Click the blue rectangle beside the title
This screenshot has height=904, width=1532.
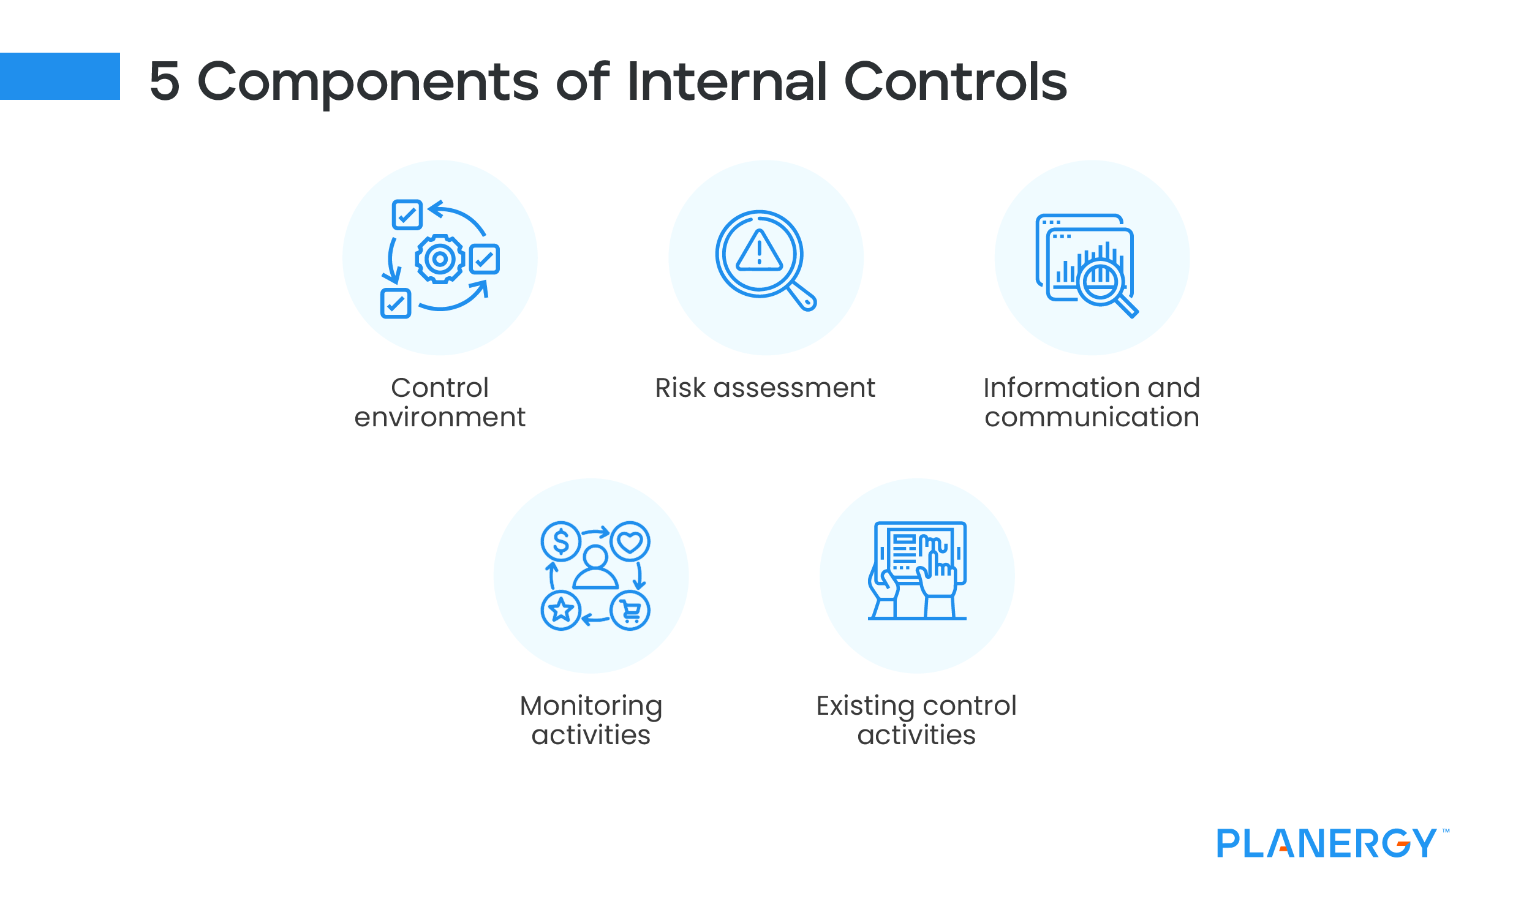click(x=59, y=76)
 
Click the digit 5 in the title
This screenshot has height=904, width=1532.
click(x=164, y=81)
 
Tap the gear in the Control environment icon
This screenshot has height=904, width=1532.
click(x=439, y=258)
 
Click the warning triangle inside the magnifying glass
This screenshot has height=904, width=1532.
click(x=759, y=252)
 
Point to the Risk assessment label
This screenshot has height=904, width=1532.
click(x=765, y=388)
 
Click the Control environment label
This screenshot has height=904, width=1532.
click(x=440, y=402)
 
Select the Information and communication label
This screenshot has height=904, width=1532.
click(x=1092, y=402)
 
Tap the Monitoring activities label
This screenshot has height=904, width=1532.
click(x=591, y=720)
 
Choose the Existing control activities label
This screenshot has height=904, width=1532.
click(x=916, y=720)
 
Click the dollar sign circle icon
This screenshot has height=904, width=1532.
click(x=560, y=541)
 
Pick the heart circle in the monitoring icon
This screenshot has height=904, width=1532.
click(x=630, y=541)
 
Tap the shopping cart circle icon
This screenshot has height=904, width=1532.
click(x=630, y=611)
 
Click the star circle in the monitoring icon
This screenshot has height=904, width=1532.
click(x=560, y=611)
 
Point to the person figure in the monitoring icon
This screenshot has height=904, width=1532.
click(x=595, y=568)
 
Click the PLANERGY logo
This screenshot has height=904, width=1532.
click(x=1326, y=843)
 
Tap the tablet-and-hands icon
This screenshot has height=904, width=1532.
click(x=917, y=570)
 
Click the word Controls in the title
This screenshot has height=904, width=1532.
click(x=956, y=81)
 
